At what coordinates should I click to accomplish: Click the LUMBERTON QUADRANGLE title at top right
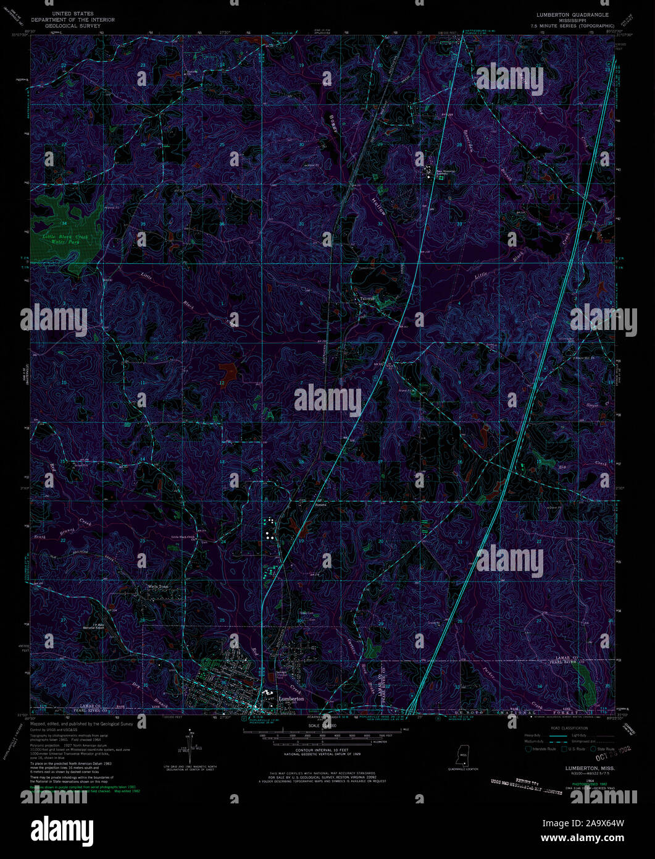point(572,13)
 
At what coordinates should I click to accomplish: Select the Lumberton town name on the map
point(291,698)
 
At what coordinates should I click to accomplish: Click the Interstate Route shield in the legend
point(528,749)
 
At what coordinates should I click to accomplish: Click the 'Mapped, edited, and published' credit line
point(81,723)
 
